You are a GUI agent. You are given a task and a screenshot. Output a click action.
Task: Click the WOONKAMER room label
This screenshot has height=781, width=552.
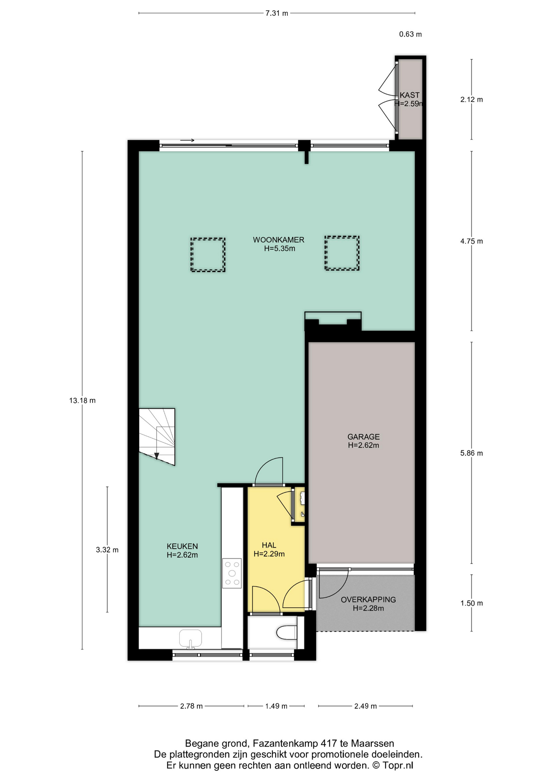[x=278, y=240]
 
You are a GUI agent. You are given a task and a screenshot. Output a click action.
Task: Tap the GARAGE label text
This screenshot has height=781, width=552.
[x=363, y=437]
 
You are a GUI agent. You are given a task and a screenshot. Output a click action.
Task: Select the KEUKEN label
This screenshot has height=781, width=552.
[x=182, y=546]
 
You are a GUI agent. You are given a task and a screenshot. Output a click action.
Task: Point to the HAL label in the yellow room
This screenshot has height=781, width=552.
[x=269, y=545]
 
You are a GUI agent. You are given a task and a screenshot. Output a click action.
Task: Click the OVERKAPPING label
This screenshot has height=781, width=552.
[x=368, y=600]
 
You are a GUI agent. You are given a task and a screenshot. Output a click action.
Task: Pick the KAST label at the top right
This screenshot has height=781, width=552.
[x=409, y=95]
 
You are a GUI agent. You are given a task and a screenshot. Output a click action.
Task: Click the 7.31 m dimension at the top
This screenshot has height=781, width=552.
[x=277, y=13]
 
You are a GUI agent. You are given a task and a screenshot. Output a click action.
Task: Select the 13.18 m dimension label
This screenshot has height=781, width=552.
[x=83, y=401]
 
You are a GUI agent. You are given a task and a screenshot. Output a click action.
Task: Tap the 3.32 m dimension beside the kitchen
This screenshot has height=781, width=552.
[x=107, y=550]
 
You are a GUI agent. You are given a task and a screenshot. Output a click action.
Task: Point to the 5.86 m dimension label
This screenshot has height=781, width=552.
[x=472, y=453]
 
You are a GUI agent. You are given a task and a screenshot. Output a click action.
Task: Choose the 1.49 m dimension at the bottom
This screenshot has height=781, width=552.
[x=276, y=706]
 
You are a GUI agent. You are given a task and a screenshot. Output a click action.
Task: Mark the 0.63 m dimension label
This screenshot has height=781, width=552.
[x=411, y=35]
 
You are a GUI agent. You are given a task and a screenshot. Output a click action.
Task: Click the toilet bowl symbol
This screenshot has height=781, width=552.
[x=287, y=633]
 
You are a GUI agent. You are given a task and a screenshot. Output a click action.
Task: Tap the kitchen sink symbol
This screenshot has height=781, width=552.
[x=190, y=639]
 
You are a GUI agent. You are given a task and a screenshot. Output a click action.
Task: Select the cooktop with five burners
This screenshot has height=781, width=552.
[x=232, y=573]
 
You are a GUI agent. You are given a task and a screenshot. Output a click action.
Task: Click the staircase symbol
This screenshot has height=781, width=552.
[x=157, y=436]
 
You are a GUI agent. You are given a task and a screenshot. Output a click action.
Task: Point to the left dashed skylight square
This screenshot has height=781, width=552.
[x=208, y=255]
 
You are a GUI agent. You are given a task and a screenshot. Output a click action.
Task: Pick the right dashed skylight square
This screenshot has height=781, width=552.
[x=342, y=253]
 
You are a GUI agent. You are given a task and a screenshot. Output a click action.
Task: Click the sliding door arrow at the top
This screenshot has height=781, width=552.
[x=187, y=140]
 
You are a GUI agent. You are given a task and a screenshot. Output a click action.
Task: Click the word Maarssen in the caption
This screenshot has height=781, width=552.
[x=372, y=744]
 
